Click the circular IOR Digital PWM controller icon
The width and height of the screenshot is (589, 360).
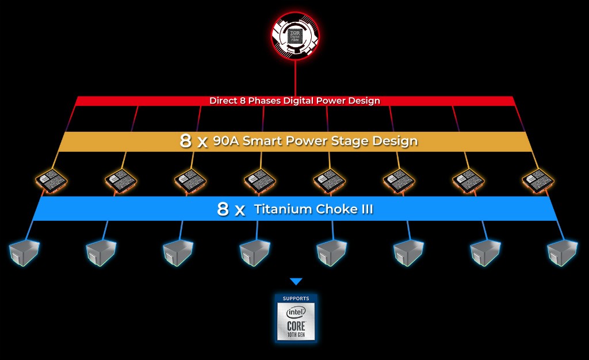pyautogui.click(x=295, y=36)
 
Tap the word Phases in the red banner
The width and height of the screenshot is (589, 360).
pyautogui.click(x=262, y=101)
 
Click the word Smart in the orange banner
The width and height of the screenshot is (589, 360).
pyautogui.click(x=262, y=141)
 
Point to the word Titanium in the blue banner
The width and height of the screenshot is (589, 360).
pyautogui.click(x=282, y=209)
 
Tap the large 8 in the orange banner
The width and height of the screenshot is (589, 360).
pyautogui.click(x=186, y=141)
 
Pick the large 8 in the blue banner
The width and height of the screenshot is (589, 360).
pyautogui.click(x=223, y=209)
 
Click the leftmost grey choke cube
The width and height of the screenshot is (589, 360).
pyautogui.click(x=24, y=252)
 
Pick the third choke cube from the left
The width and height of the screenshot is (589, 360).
pyautogui.click(x=178, y=252)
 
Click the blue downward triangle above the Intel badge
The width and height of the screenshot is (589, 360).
pyautogui.click(x=296, y=282)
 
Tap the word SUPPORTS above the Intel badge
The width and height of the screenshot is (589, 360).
pyautogui.click(x=296, y=298)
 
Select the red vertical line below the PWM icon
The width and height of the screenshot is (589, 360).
pyautogui.click(x=295, y=78)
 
